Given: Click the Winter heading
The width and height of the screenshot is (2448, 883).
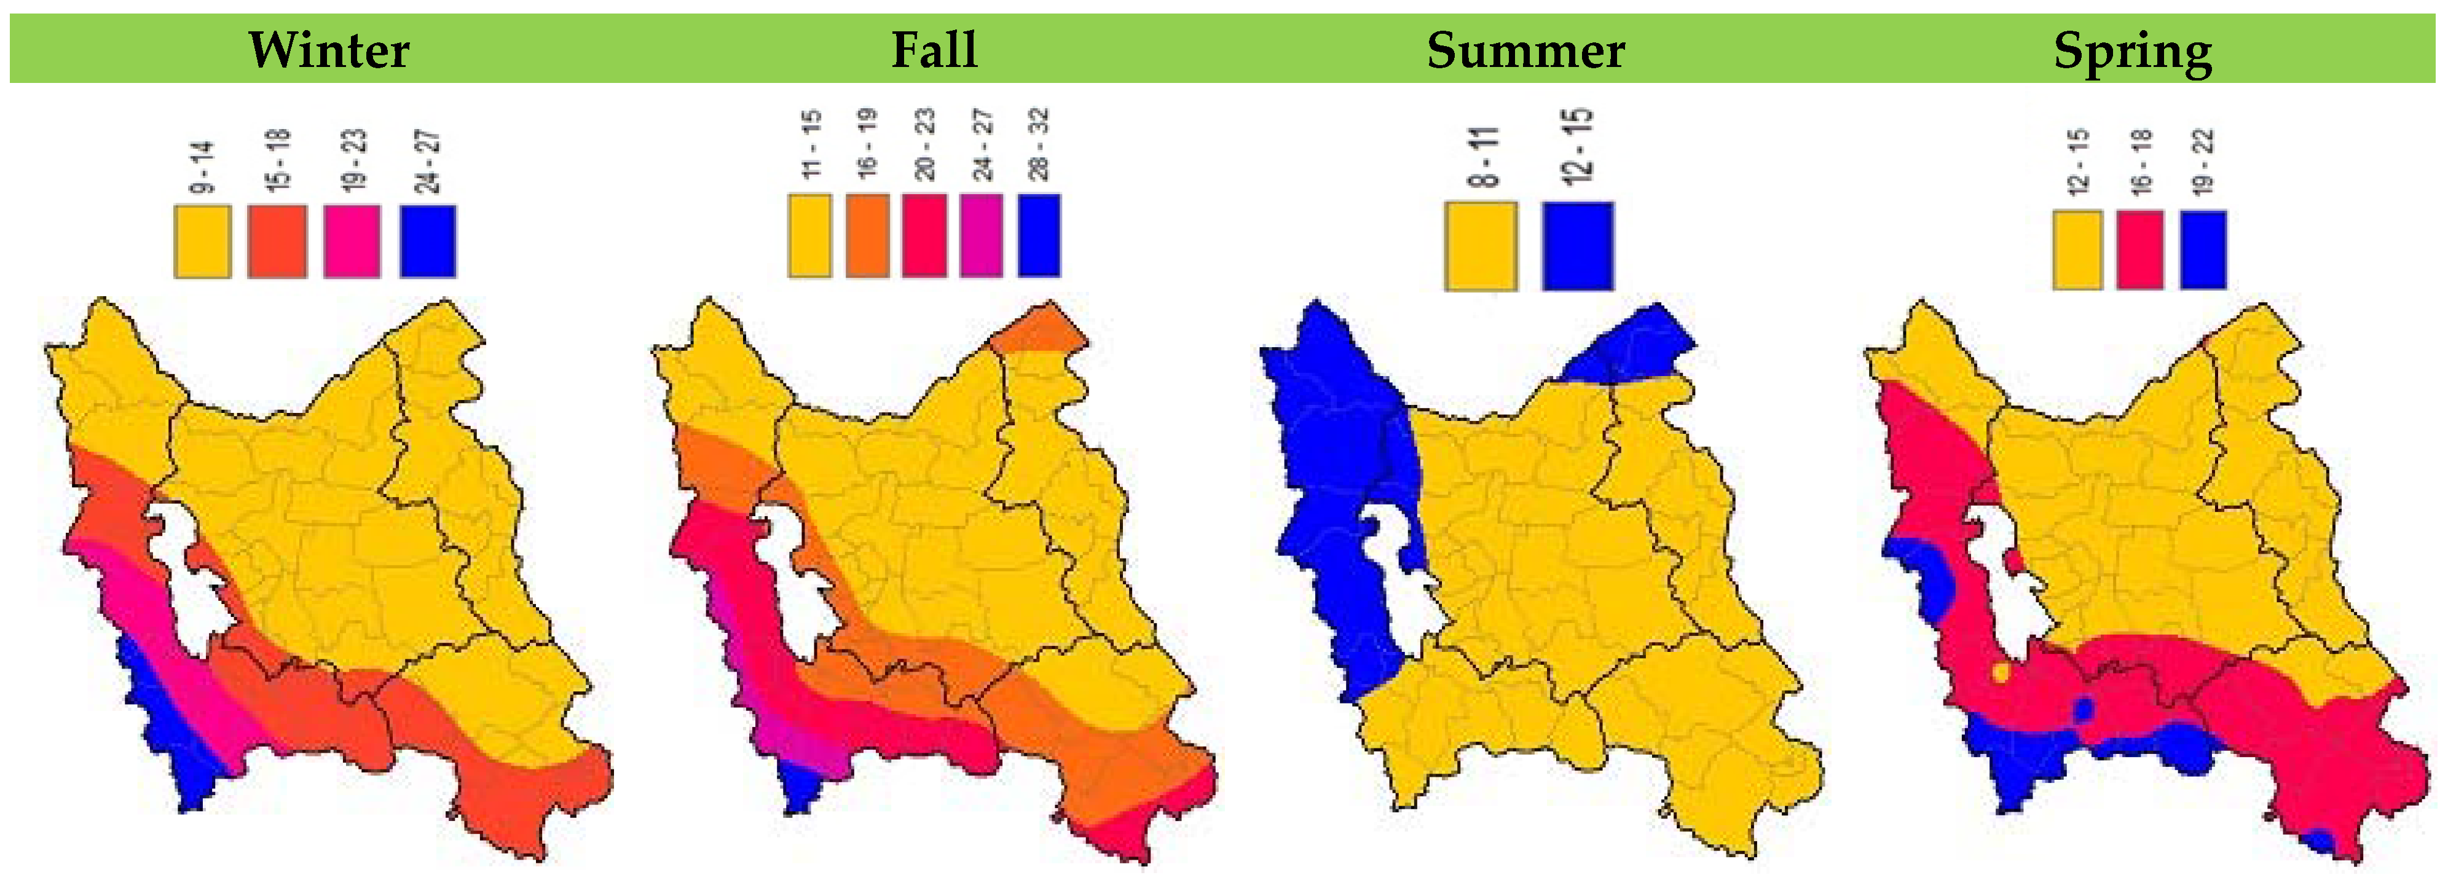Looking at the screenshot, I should point(329,49).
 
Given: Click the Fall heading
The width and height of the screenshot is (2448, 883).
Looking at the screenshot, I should point(934,49).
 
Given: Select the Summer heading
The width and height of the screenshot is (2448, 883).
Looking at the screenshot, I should point(1525,49).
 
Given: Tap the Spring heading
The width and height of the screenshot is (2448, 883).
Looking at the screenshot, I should point(2133,49).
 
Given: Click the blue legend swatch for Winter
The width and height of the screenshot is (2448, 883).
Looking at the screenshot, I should point(428,241).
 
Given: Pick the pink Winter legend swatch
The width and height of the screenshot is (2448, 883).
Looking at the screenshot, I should point(352,241).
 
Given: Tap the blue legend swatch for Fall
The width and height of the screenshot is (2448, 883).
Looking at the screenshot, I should point(1039,236).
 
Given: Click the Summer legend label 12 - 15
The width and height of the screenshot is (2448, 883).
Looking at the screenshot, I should point(1578,147).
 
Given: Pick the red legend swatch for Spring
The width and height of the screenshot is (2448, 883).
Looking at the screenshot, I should point(2139,249).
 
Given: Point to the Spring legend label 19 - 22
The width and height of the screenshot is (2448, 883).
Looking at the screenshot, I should point(2203,162).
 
